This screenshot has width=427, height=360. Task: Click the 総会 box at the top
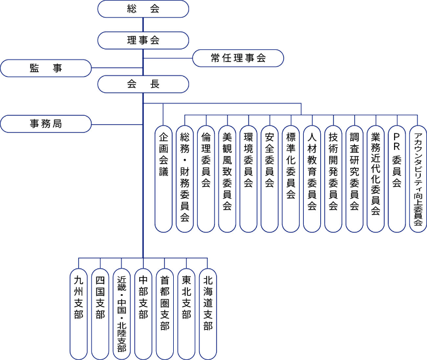pos(143,9)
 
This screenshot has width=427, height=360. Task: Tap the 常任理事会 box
pos(238,58)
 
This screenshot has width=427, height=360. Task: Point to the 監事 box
pos(46,68)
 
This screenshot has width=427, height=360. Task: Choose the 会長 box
pos(143,84)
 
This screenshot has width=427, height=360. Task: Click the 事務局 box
pos(46,123)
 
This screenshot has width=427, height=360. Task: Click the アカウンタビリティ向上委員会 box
pos(417,179)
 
